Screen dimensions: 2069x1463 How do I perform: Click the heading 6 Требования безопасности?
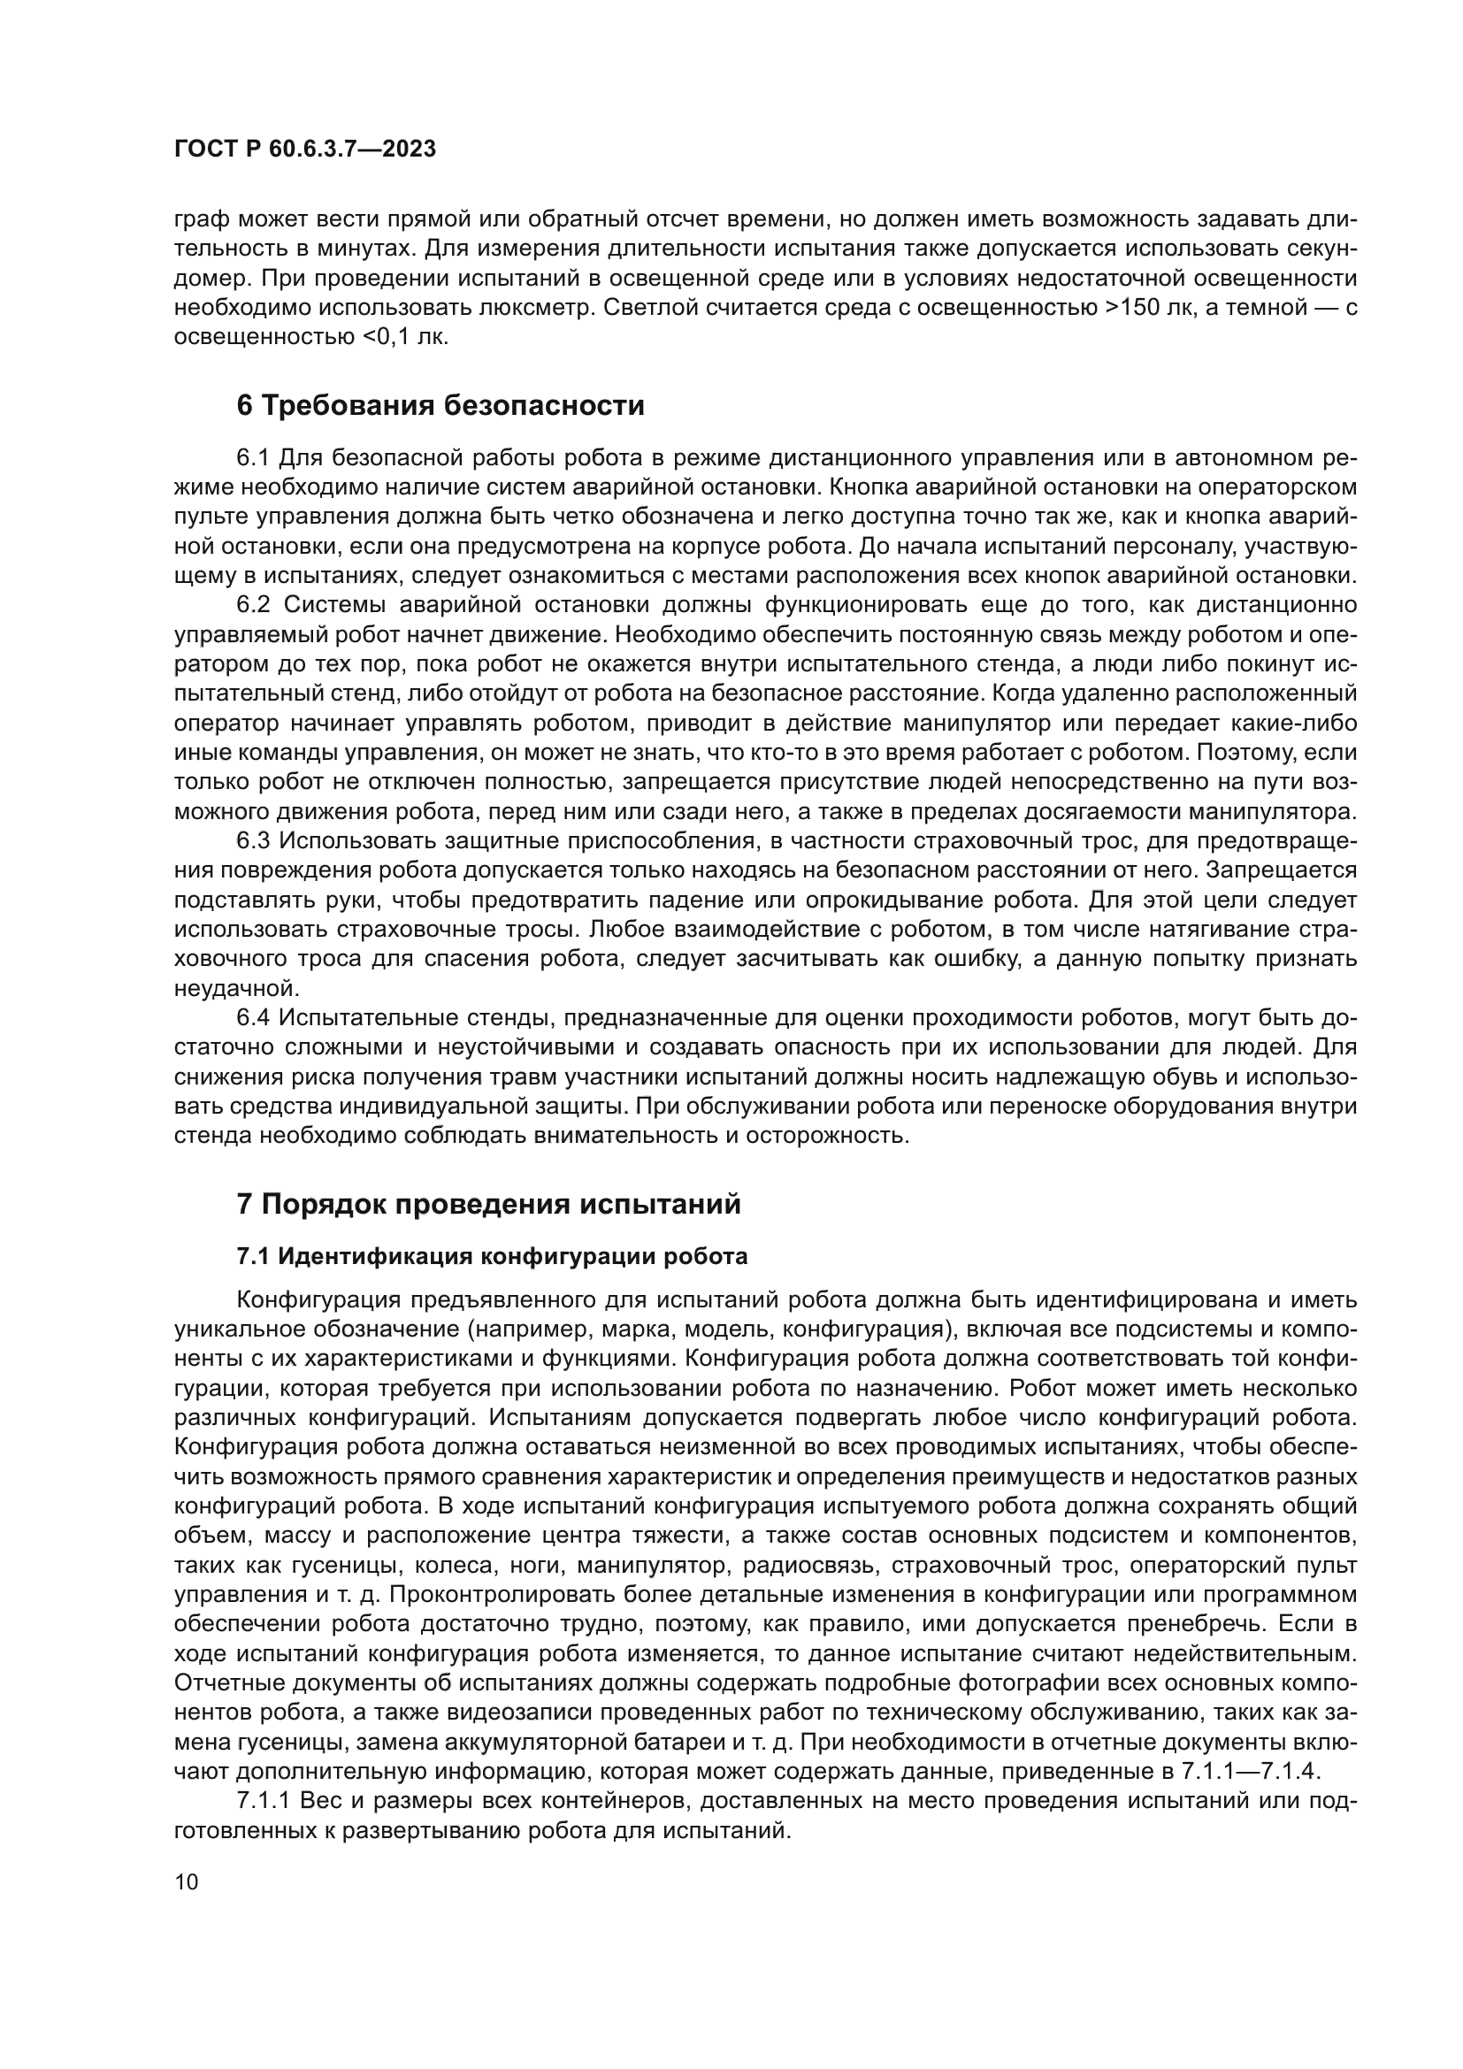click(440, 406)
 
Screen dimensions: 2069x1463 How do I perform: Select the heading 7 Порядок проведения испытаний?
click(488, 1204)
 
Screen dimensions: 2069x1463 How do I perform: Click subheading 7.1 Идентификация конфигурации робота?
click(492, 1256)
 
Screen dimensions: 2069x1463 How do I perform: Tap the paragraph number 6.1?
click(253, 458)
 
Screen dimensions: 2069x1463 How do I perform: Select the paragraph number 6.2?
click(253, 605)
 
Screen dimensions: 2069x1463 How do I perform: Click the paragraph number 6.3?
click(253, 840)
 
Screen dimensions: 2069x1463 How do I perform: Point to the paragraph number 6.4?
click(253, 1018)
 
